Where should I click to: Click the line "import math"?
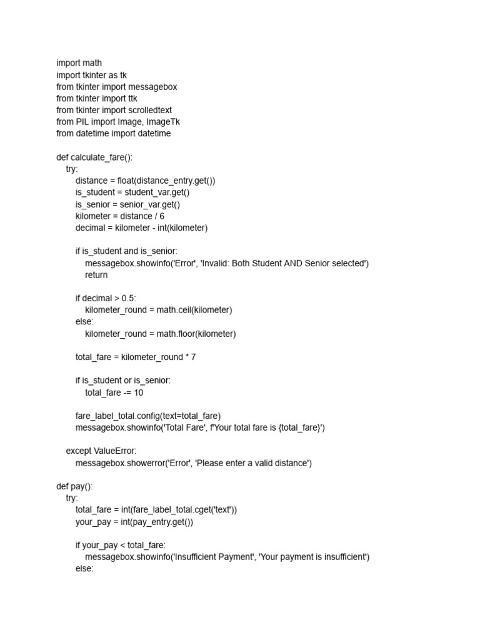[x=79, y=63]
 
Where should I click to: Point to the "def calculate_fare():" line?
[x=94, y=157]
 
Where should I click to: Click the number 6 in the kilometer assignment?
[x=162, y=216]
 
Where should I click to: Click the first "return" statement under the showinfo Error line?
[x=96, y=275]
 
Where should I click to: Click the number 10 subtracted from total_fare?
[x=138, y=392]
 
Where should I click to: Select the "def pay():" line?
[x=78, y=486]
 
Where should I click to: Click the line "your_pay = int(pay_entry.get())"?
[x=134, y=522]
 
